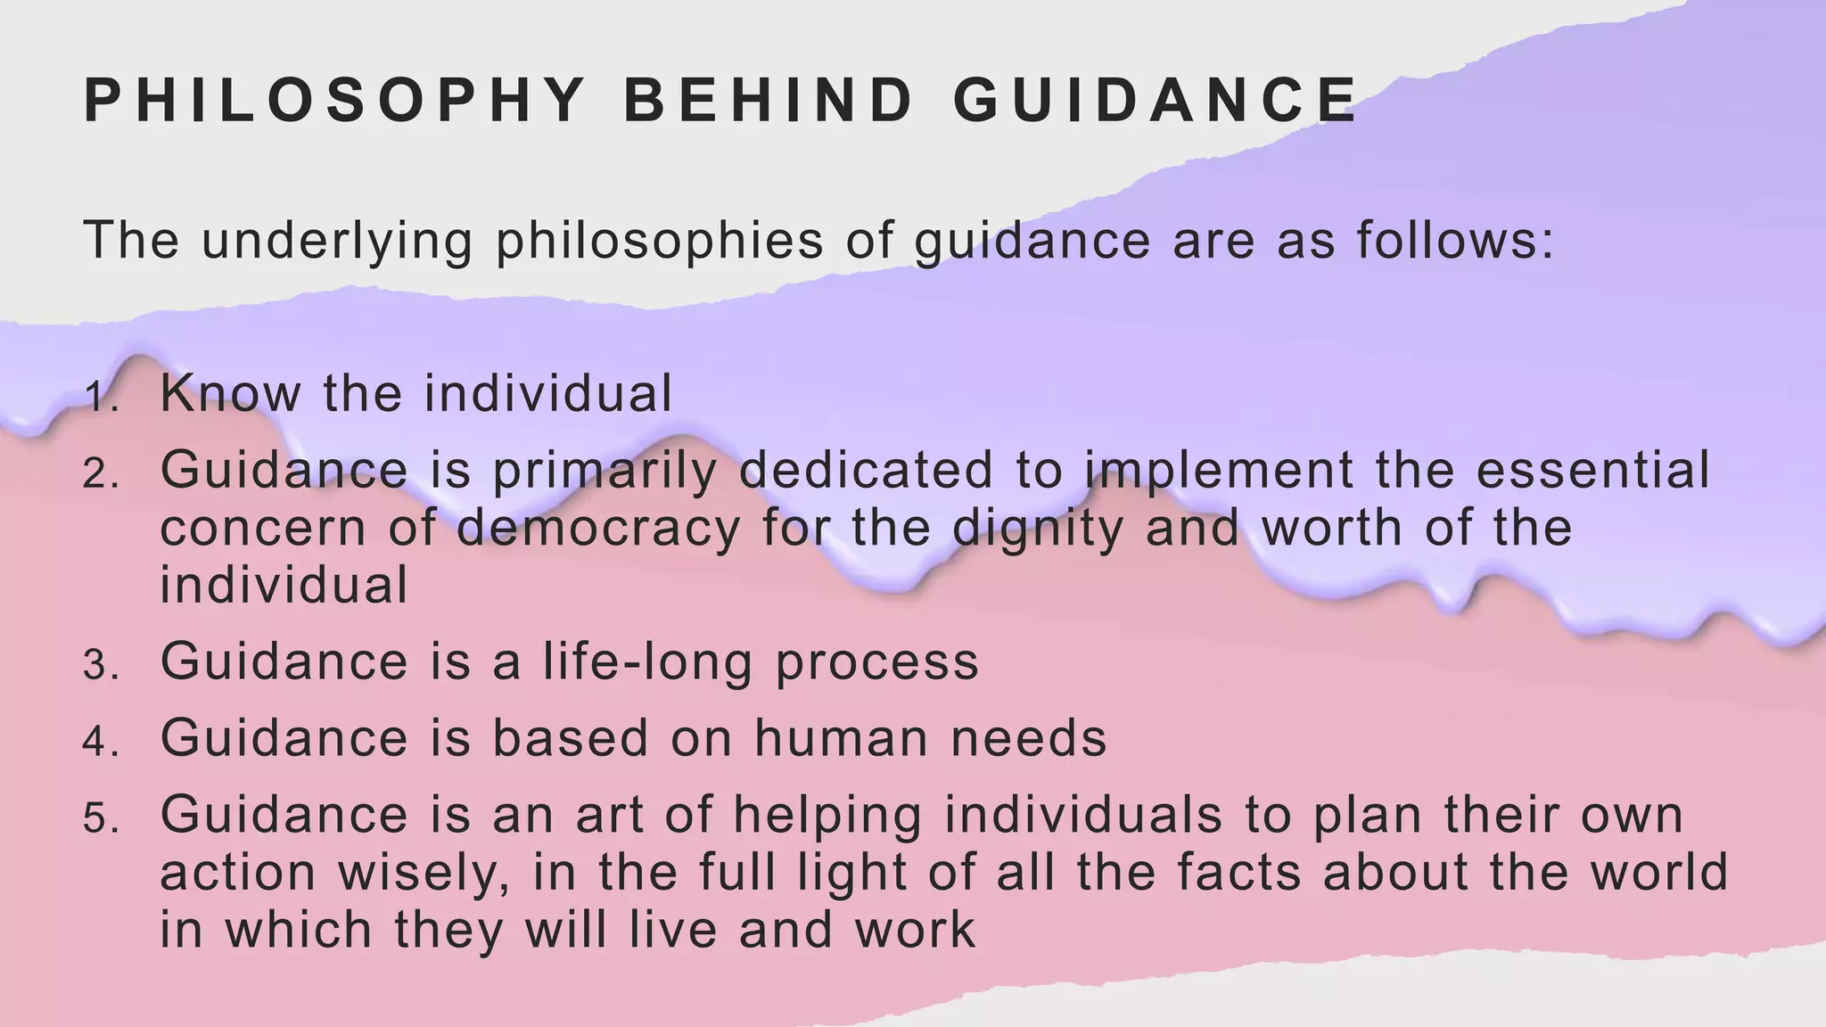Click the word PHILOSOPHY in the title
click(334, 100)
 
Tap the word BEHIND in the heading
click(769, 100)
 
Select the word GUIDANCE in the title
click(1156, 100)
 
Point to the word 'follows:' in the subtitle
click(1456, 241)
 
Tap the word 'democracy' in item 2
click(598, 527)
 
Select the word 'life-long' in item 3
click(647, 661)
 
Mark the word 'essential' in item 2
click(1593, 470)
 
